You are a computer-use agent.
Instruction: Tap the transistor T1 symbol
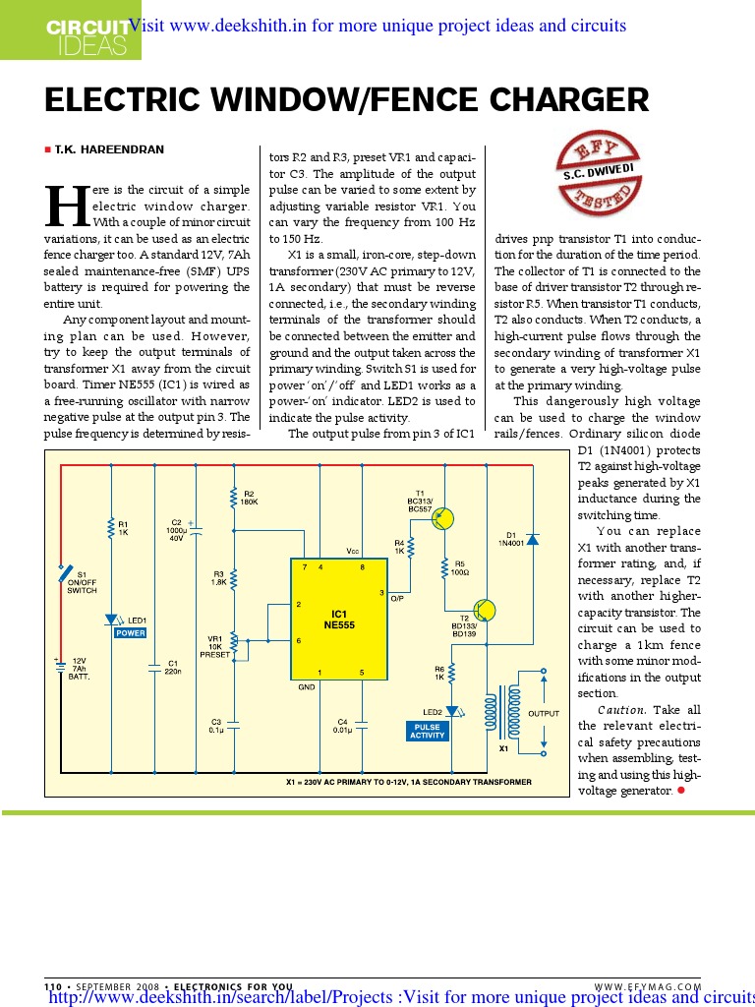click(x=443, y=518)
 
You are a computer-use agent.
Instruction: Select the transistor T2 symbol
click(x=484, y=612)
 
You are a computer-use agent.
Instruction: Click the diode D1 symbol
click(x=532, y=539)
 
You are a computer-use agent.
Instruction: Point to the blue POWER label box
click(x=130, y=633)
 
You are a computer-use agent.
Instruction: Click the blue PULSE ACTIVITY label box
click(x=427, y=730)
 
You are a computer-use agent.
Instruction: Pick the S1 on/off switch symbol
click(x=65, y=572)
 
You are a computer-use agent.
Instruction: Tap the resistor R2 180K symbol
click(x=233, y=500)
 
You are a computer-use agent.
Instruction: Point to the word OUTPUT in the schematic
click(x=544, y=714)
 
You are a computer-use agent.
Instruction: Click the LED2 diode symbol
click(x=452, y=710)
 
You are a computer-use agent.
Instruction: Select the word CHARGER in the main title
click(x=564, y=100)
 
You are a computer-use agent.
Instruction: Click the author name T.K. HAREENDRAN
click(x=108, y=149)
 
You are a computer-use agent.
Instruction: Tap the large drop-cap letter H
click(x=67, y=205)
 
